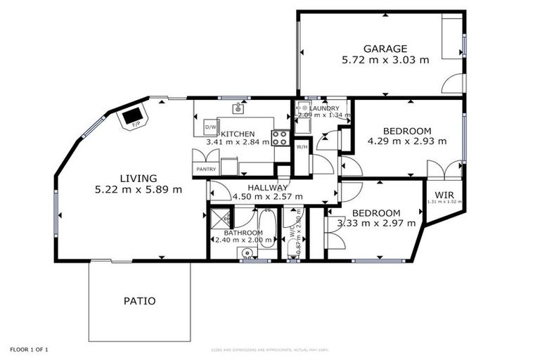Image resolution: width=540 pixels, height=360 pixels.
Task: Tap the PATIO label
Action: tap(139, 301)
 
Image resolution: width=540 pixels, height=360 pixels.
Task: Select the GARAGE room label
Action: tap(385, 49)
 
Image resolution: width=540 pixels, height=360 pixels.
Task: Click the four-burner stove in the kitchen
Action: tap(280, 137)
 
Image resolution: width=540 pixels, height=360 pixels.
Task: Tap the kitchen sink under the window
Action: tap(238, 109)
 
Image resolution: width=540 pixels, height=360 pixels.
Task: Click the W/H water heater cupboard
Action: tap(301, 147)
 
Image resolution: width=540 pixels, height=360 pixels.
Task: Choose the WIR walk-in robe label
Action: tap(444, 195)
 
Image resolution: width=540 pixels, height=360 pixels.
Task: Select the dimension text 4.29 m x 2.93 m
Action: tap(407, 141)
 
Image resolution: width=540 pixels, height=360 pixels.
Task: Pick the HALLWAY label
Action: tap(267, 187)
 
